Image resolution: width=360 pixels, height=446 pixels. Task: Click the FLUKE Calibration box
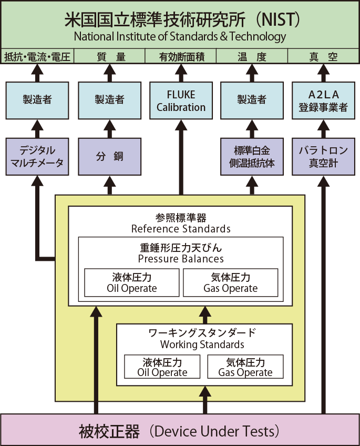point(181,100)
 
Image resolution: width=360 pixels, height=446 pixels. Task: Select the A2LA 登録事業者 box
point(323,100)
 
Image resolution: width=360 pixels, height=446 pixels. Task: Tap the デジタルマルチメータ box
point(37,156)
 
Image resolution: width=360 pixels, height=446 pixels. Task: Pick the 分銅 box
point(110,156)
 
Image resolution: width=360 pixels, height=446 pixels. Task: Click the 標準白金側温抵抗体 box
point(252,156)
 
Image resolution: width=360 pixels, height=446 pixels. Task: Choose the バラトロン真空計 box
point(323,156)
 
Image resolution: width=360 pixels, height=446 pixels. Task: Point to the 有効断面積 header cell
point(181,56)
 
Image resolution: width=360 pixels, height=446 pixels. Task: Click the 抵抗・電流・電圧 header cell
point(37,56)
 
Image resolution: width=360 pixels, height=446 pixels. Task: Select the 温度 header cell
point(252,56)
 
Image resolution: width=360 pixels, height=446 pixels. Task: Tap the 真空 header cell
point(323,56)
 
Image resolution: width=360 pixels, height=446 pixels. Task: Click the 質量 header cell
point(110,56)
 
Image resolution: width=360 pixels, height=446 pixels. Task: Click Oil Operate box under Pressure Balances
point(132,282)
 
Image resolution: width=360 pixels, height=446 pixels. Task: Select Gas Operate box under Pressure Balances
point(230,282)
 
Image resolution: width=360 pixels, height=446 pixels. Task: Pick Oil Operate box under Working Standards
point(162,367)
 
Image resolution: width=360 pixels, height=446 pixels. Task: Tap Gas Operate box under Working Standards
point(245,367)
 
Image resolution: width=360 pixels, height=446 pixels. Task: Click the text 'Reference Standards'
point(181,229)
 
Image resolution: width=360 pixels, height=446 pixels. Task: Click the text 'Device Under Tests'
point(214,431)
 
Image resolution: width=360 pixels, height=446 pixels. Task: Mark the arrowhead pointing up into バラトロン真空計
point(323,181)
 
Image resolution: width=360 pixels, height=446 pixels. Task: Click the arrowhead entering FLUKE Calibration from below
point(181,125)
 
